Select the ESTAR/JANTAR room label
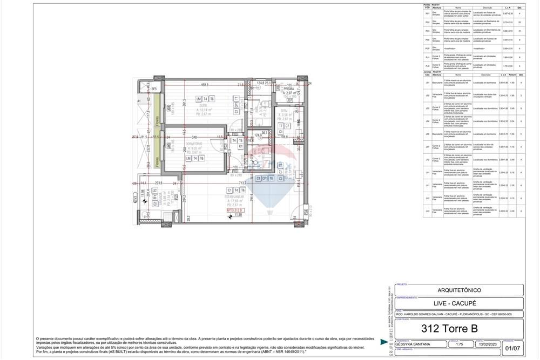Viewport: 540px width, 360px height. coord(237,196)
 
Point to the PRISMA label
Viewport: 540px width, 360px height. coord(289,89)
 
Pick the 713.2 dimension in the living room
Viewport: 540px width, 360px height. coord(242,183)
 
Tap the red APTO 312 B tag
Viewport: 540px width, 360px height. coord(237,210)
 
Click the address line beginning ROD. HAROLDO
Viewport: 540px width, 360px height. coord(454,314)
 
